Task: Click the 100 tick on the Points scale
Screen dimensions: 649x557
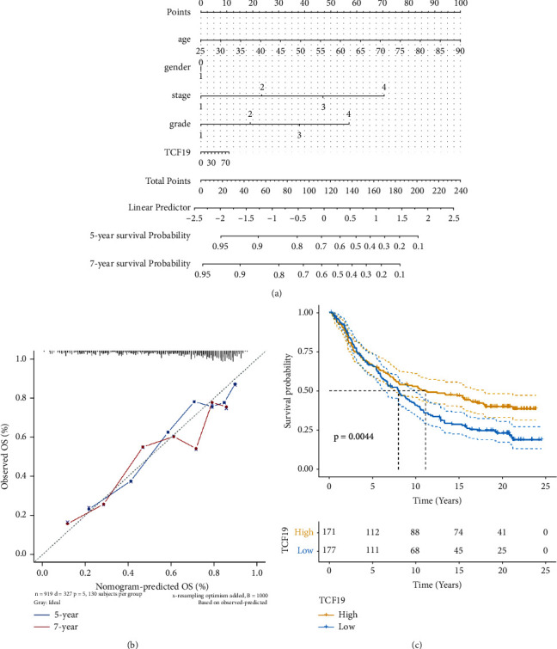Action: click(461, 4)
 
